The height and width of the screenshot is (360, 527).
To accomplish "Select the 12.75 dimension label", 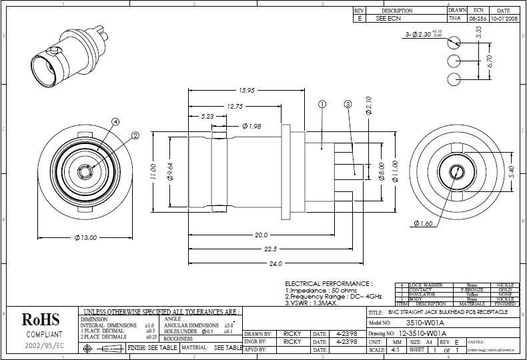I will [235, 106].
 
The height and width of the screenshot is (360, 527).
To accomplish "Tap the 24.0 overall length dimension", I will [274, 263].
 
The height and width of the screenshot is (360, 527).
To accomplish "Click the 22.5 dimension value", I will [270, 249].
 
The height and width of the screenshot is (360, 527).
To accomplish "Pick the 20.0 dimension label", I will [261, 235].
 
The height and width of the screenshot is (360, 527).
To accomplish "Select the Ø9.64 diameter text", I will [170, 171].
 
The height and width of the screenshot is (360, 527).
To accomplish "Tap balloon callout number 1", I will [322, 104].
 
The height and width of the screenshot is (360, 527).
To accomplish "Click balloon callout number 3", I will [348, 104].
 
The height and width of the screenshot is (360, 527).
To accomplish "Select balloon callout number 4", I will [115, 122].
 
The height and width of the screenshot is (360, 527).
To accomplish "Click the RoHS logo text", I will [41, 320].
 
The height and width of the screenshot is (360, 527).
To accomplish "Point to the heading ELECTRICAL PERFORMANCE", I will [328, 283].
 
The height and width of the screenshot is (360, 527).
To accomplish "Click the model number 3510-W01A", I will [427, 322].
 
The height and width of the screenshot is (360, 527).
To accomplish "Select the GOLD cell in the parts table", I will [504, 290].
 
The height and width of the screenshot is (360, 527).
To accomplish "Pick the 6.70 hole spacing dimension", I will [490, 61].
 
